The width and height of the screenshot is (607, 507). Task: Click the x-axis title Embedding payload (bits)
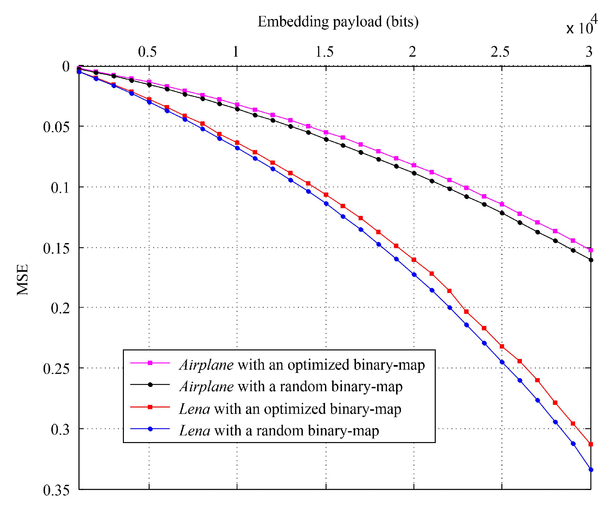[338, 22]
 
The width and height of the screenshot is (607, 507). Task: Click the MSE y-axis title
[22, 280]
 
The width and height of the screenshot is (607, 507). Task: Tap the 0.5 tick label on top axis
[147, 52]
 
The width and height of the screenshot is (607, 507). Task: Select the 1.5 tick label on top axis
[324, 52]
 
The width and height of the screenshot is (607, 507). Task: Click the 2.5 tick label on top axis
[500, 52]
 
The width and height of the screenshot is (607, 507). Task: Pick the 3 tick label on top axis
[589, 52]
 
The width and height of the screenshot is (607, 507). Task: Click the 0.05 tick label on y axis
[56, 127]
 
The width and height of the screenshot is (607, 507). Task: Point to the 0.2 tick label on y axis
[60, 308]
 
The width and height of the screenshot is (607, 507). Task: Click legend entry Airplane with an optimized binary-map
[302, 365]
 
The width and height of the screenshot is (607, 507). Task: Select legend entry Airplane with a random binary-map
[291, 387]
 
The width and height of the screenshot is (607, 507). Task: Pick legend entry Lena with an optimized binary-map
[290, 409]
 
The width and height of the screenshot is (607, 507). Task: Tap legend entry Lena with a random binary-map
[279, 431]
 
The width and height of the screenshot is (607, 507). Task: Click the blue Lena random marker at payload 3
[591, 470]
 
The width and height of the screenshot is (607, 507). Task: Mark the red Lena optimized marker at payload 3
[591, 444]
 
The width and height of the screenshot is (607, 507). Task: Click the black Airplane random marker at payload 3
[591, 260]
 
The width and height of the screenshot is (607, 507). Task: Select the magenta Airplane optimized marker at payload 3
[591, 250]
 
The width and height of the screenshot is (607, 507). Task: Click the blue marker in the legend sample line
[150, 429]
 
